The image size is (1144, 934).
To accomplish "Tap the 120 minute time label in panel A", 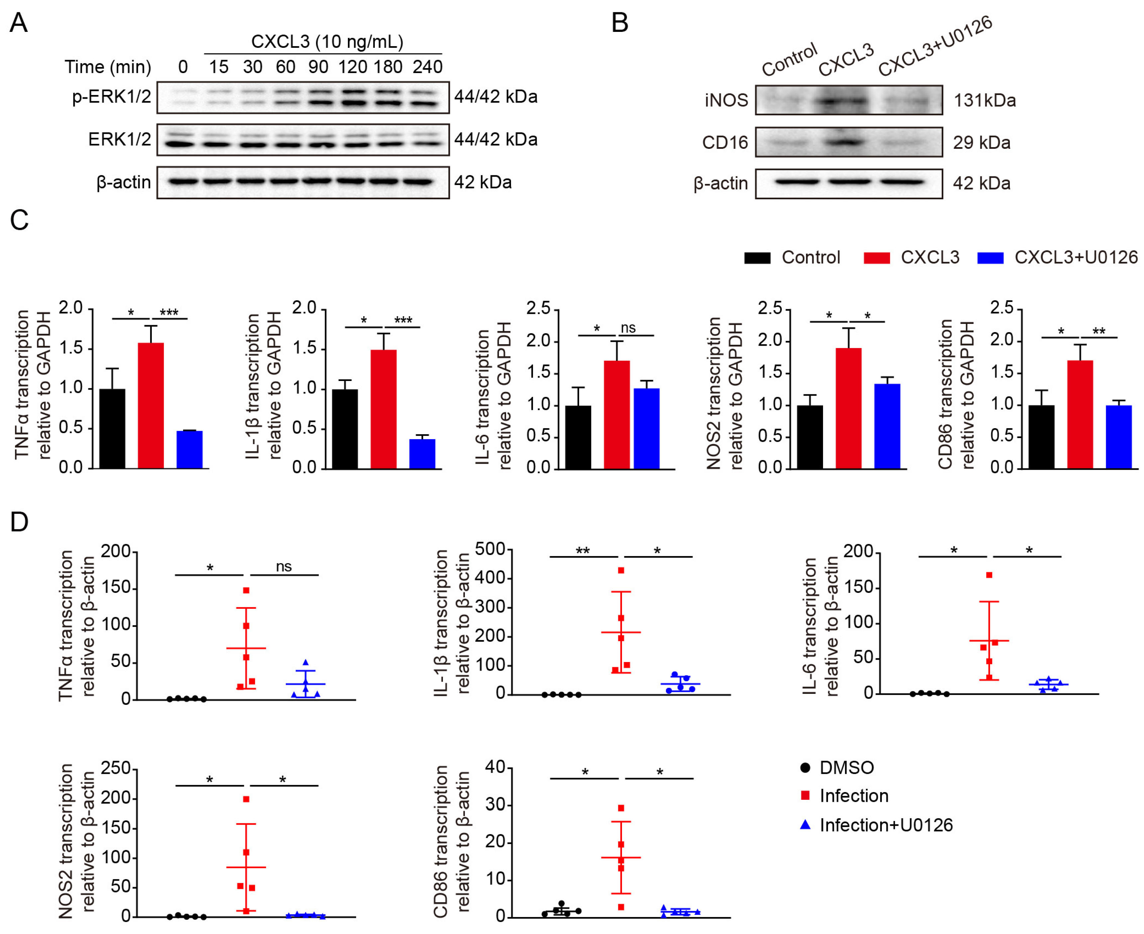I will (353, 67).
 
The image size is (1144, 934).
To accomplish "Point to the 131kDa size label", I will (985, 101).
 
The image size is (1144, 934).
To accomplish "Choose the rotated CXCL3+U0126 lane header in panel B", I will (935, 46).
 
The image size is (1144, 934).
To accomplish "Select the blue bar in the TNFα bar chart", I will (189, 449).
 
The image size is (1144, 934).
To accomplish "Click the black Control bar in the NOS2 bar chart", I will (809, 437).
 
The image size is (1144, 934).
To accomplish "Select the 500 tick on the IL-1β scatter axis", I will (490, 550).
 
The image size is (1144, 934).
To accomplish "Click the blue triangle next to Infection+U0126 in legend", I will (805, 825).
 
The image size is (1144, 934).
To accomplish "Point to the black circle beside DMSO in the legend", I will (805, 768).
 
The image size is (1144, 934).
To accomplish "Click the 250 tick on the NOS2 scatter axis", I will (116, 768).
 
